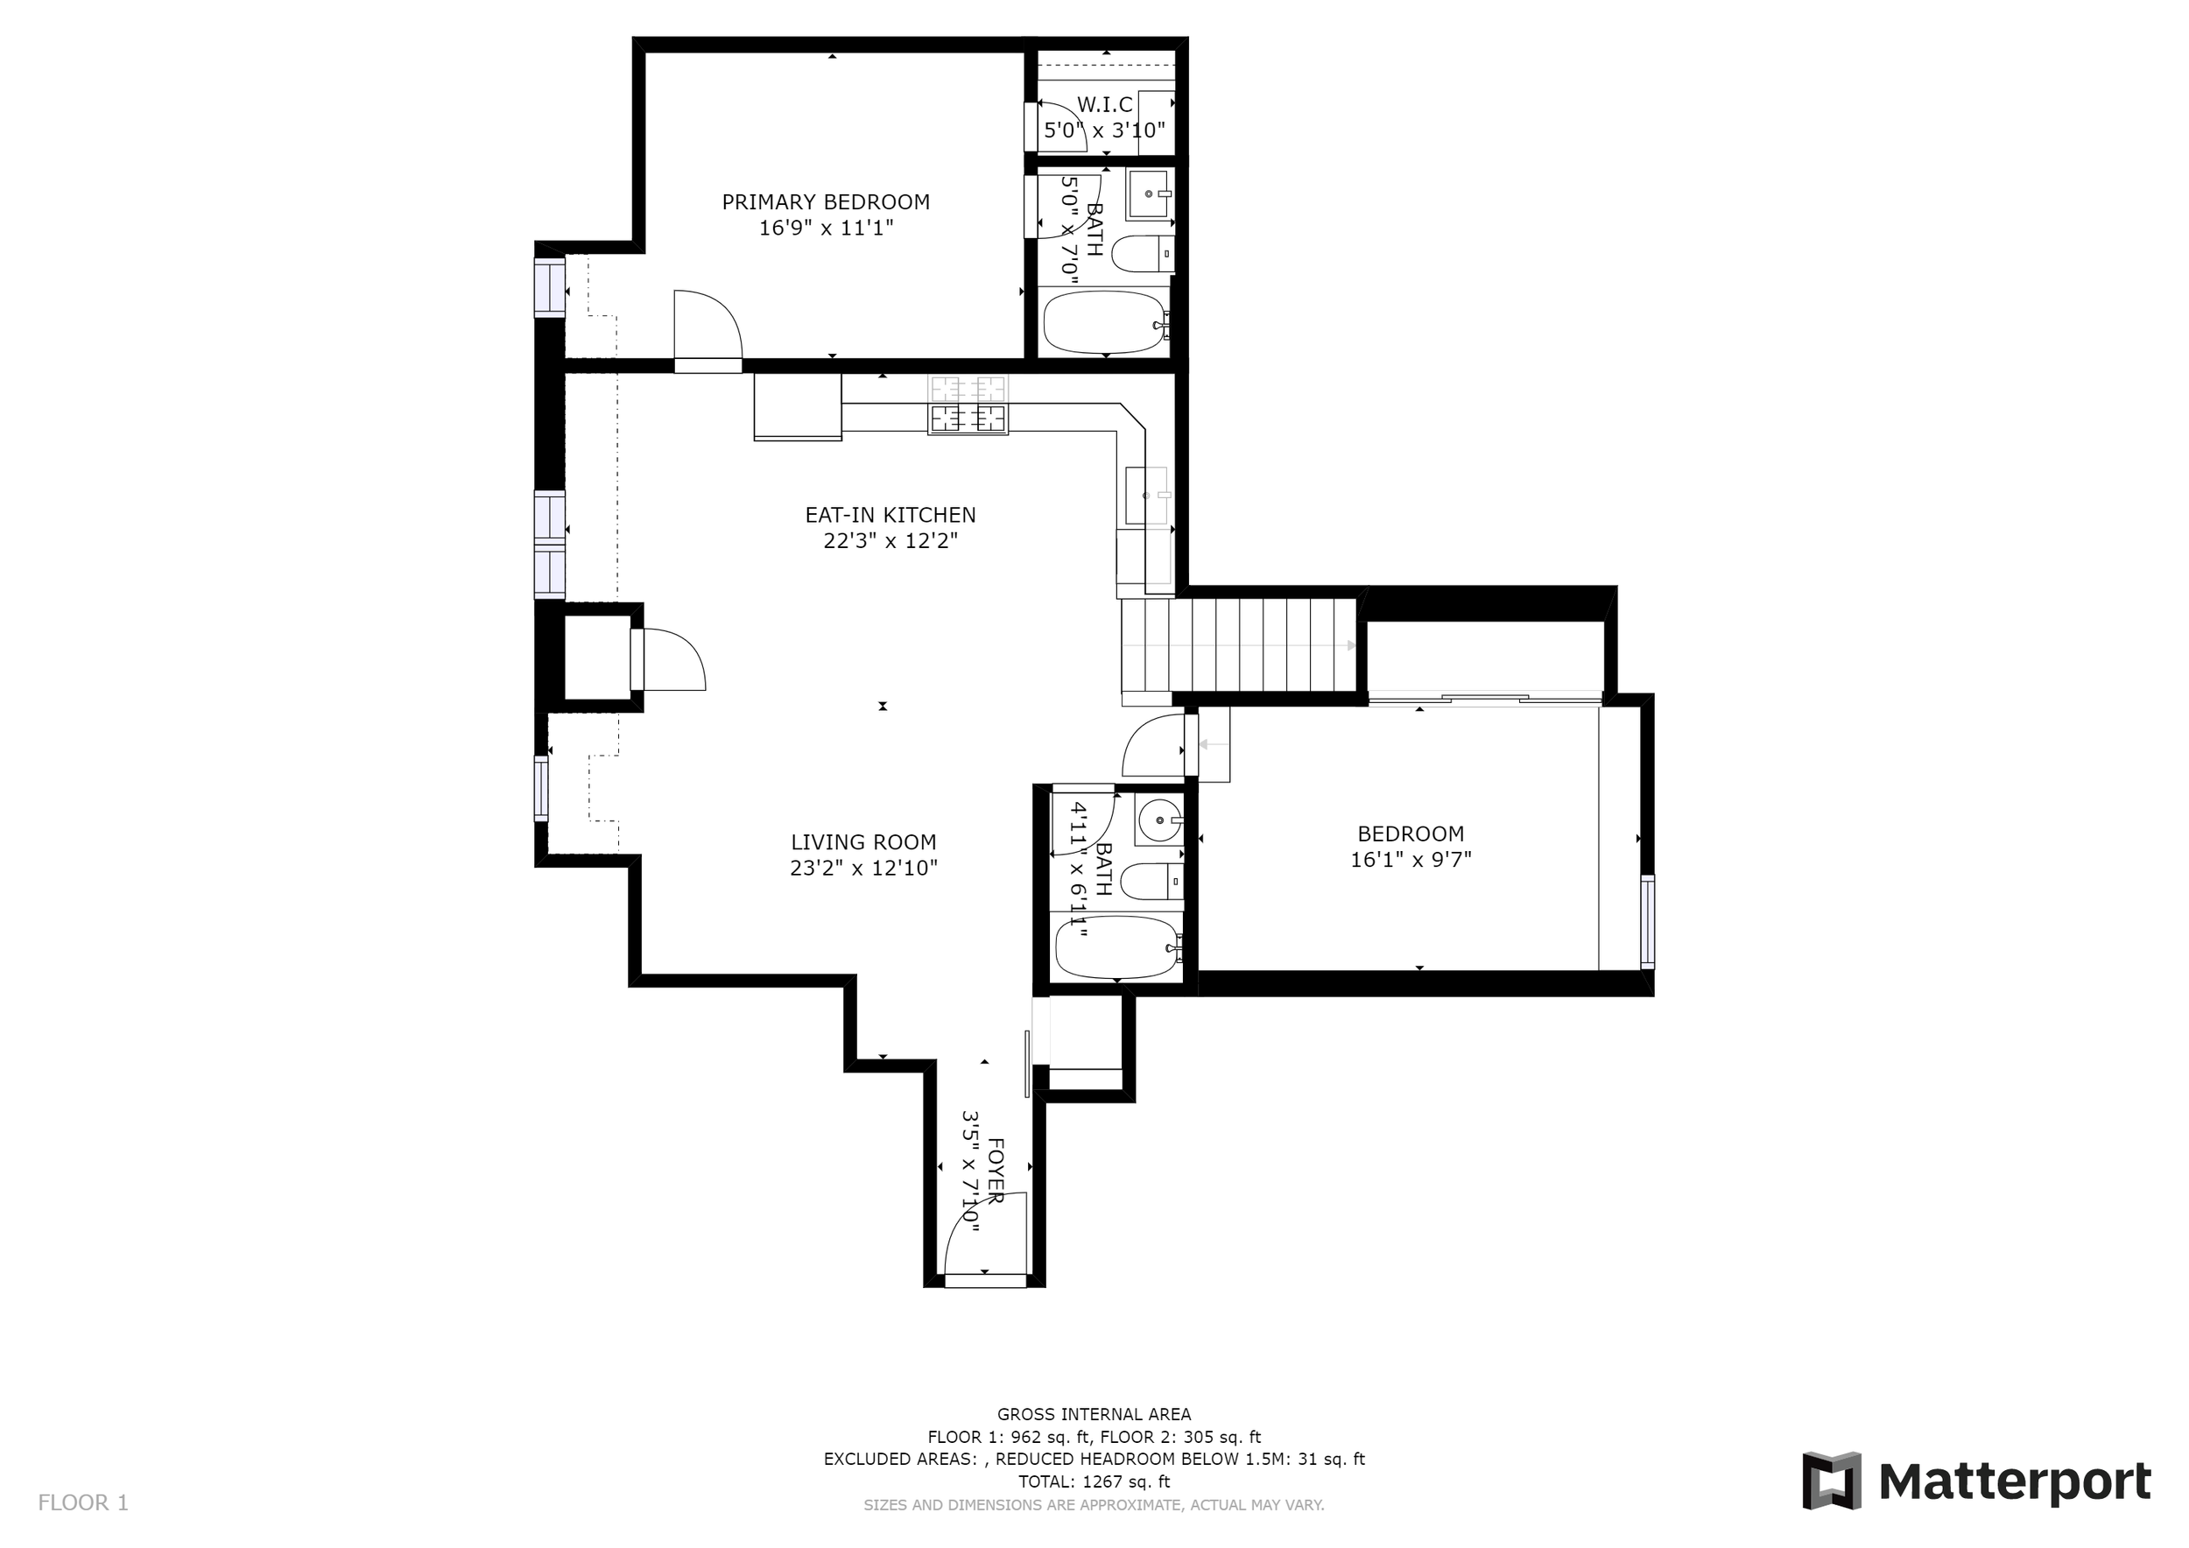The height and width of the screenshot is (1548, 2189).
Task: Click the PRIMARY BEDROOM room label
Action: (x=826, y=202)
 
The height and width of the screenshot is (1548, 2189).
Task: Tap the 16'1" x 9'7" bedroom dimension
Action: (x=1411, y=860)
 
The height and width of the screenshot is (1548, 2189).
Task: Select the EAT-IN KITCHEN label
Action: (x=890, y=515)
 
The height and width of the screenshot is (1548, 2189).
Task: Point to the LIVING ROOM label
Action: (x=863, y=842)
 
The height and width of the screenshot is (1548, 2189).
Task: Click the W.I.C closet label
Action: (x=1105, y=105)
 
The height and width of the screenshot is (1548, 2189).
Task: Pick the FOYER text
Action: (x=996, y=1170)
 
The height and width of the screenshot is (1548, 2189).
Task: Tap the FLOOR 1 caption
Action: (x=83, y=1503)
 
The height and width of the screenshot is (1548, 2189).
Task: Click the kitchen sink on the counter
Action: (x=1148, y=496)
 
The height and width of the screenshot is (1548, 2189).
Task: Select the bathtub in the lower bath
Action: (x=1117, y=947)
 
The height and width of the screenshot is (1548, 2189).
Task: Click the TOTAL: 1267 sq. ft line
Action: (x=1094, y=1482)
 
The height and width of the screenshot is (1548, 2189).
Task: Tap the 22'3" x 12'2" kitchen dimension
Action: (x=890, y=541)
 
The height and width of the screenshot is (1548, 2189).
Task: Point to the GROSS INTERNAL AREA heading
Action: (x=1094, y=1415)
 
